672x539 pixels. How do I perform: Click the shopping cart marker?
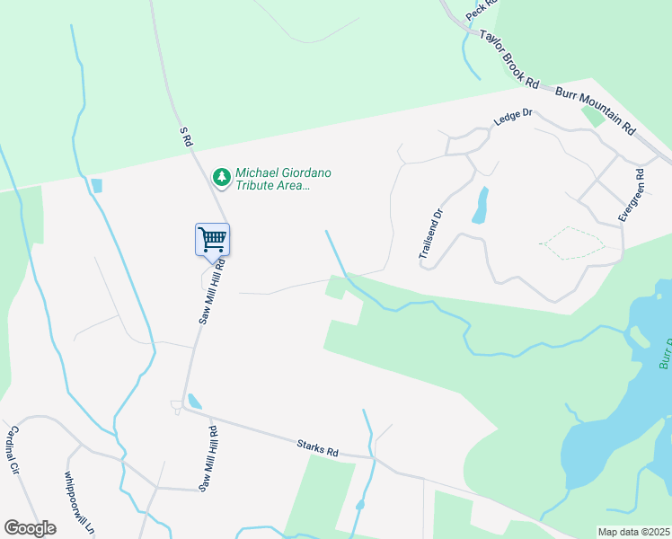click(x=212, y=240)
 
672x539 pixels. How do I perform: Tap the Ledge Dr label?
click(x=514, y=119)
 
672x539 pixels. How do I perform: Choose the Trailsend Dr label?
click(x=431, y=235)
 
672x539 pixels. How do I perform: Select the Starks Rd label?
click(x=318, y=446)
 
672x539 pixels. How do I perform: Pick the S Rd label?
click(x=185, y=137)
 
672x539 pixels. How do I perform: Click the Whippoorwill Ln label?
click(x=79, y=503)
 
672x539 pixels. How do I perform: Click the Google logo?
click(x=30, y=528)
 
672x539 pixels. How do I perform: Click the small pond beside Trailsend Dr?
click(x=481, y=206)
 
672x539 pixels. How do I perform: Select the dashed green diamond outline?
click(x=571, y=243)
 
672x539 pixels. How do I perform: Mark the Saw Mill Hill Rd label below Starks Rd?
click(x=208, y=459)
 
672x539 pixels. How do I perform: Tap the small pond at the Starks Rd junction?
click(x=194, y=402)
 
